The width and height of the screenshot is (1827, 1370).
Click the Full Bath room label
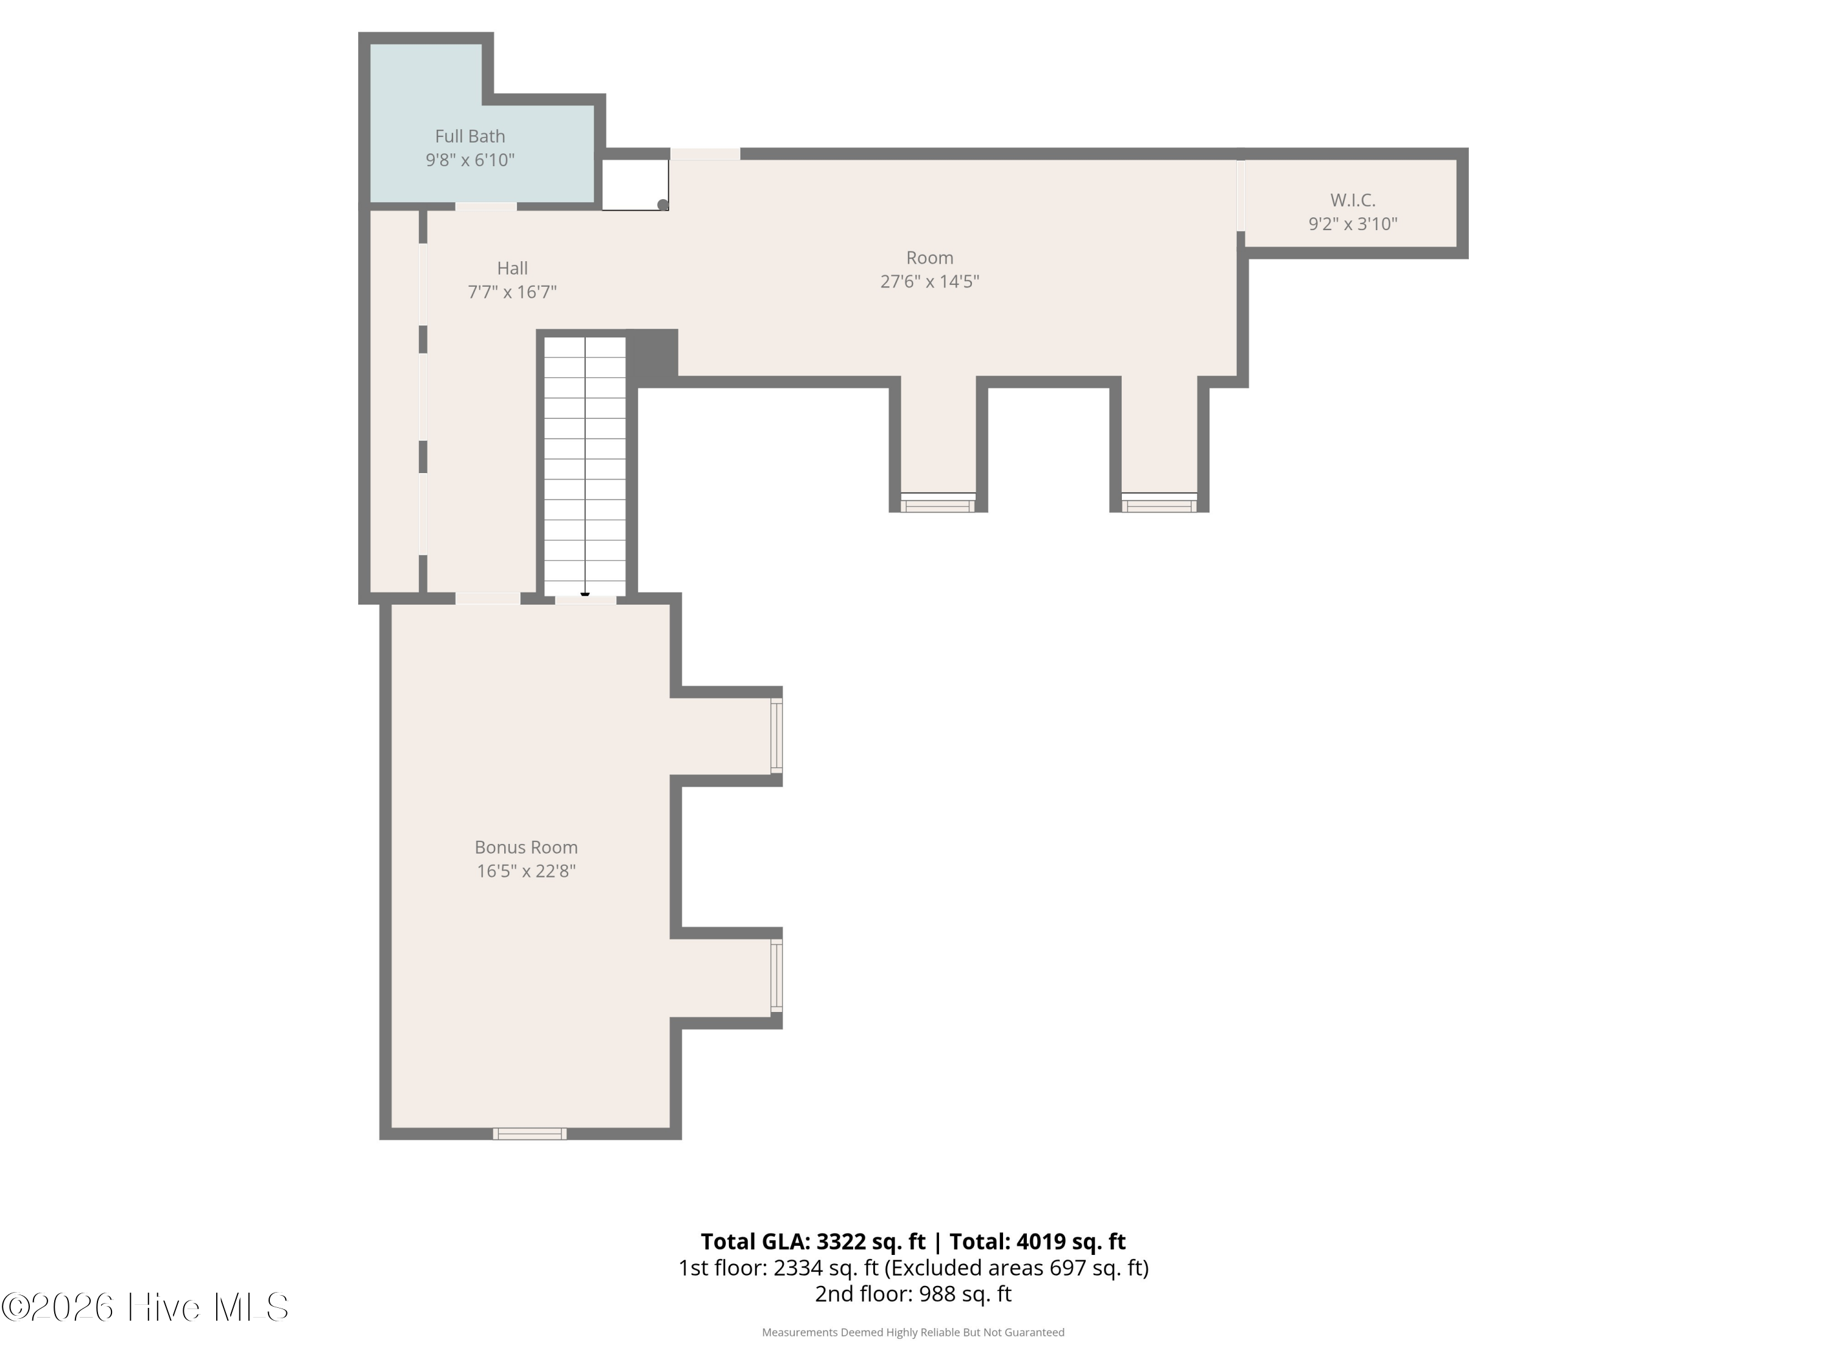tap(470, 136)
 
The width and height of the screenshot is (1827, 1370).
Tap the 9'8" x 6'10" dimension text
tap(470, 160)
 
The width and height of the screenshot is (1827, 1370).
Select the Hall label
tap(512, 269)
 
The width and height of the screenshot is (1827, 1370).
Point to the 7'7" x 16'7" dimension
tap(512, 292)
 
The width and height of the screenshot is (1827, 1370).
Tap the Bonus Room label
tap(526, 848)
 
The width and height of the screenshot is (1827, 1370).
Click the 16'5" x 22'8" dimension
tap(526, 870)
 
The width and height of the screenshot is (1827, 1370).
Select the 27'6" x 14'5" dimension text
tap(929, 281)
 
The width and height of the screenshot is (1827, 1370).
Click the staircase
tap(585, 466)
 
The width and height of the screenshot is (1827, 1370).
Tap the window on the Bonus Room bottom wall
tap(529, 1134)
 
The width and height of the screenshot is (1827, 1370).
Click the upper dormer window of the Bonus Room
tap(776, 736)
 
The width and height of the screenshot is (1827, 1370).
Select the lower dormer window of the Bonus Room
tap(776, 975)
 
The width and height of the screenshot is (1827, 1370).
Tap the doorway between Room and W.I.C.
tap(1241, 195)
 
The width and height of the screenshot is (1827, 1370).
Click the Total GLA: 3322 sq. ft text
tap(814, 1241)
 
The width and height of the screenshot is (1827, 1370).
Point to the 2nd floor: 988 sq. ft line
tap(913, 1293)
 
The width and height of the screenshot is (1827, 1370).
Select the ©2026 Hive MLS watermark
tap(146, 1307)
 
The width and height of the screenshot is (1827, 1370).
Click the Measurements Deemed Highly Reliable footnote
tap(913, 1332)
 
